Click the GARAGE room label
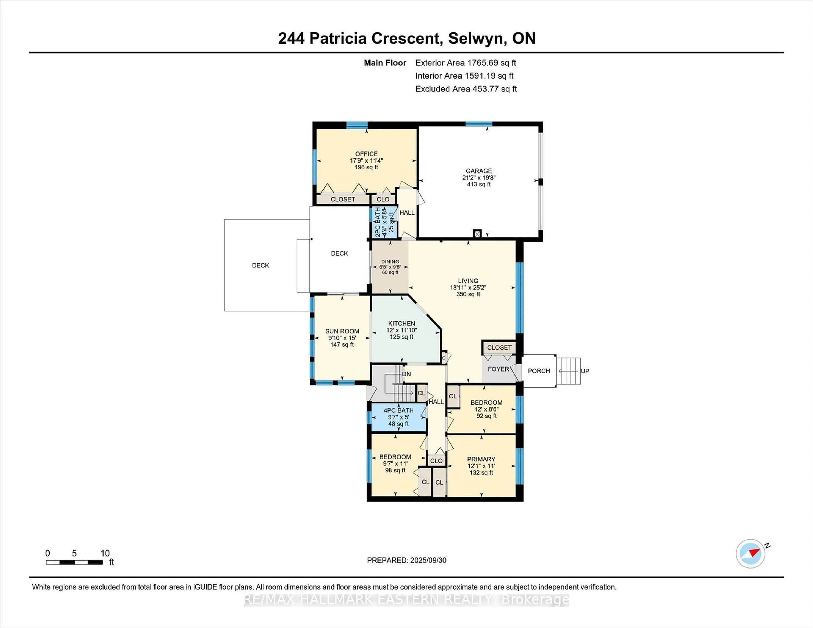point(479,171)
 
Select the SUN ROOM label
point(342,331)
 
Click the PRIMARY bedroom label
point(481,459)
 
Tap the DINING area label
point(390,262)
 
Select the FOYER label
point(498,369)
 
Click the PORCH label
point(539,371)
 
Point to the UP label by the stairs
point(585,371)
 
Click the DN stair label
point(406,374)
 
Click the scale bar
point(75,562)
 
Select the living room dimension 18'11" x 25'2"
point(468,288)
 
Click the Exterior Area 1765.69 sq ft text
point(466,63)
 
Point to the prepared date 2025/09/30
point(428,560)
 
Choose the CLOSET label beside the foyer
point(499,347)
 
